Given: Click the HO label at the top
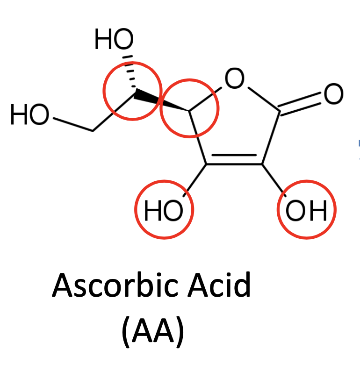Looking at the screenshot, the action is (114, 40).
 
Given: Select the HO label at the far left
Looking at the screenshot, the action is (29, 115).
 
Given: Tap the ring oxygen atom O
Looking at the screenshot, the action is (234, 78).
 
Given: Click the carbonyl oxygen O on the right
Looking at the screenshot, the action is (333, 94).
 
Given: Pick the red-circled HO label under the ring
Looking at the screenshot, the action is (163, 212).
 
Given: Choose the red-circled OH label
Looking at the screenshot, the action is (306, 212).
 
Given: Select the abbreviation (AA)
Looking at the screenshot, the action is (152, 332).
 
